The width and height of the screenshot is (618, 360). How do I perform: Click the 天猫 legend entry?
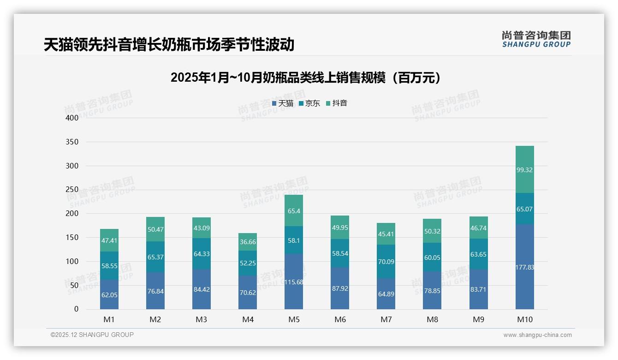[x=283, y=103]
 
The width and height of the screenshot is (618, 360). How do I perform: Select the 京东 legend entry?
[x=309, y=103]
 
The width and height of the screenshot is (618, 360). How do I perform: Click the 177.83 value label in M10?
[x=524, y=267]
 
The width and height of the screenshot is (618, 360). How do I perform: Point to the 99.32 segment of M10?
[x=524, y=170]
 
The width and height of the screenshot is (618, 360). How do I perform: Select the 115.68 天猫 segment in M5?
[x=294, y=282]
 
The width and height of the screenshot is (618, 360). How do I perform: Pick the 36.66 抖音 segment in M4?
[x=248, y=242]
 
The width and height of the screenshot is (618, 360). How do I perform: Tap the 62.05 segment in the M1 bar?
[x=109, y=294]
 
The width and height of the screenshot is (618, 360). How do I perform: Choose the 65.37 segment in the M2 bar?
[x=155, y=257]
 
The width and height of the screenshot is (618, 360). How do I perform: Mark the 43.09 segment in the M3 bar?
[x=202, y=228]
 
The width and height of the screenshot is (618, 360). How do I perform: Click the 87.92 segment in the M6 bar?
[x=340, y=288]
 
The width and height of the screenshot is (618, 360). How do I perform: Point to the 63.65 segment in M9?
[x=478, y=254]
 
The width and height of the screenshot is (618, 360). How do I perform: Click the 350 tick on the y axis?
[x=72, y=142]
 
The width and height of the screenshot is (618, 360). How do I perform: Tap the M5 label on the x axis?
[x=294, y=319]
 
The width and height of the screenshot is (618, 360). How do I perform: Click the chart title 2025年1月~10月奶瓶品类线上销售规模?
[x=306, y=78]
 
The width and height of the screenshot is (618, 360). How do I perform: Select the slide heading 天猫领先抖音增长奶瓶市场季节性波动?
[x=169, y=45]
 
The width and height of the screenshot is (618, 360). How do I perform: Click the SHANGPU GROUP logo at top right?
[x=536, y=39]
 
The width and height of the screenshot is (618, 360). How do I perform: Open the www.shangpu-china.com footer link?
[x=537, y=335]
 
